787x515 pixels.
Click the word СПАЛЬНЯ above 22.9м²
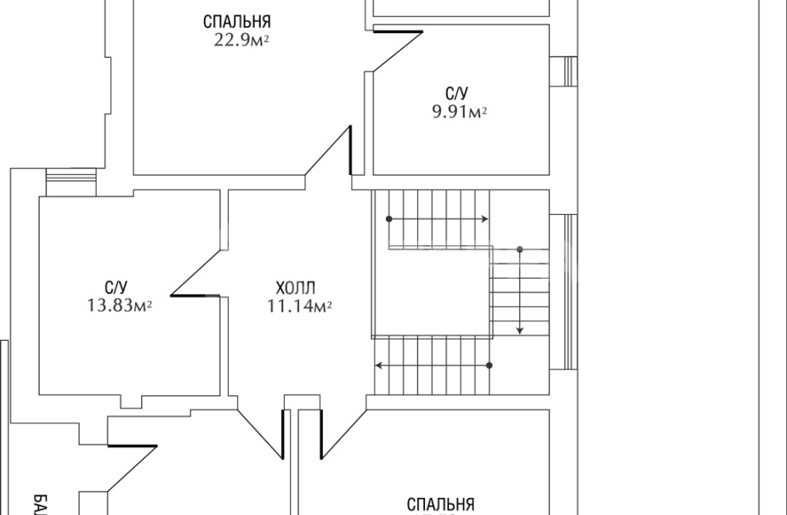pyautogui.click(x=237, y=22)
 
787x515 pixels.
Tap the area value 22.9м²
pyautogui.click(x=242, y=40)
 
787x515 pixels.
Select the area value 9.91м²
pyautogui.click(x=460, y=111)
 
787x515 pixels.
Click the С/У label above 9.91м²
pyautogui.click(x=455, y=93)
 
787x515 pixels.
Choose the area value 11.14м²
pyautogui.click(x=299, y=306)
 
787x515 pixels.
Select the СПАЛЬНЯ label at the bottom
pyautogui.click(x=440, y=506)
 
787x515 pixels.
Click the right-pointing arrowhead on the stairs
pyautogui.click(x=484, y=219)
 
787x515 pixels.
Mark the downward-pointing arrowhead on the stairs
pyautogui.click(x=520, y=330)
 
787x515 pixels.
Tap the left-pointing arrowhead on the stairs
pyautogui.click(x=379, y=365)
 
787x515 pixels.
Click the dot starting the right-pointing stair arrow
pyautogui.click(x=389, y=219)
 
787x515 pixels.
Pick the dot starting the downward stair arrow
pyautogui.click(x=520, y=250)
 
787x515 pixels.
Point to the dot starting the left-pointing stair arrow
pyautogui.click(x=490, y=365)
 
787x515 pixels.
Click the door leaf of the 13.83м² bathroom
pyautogui.click(x=196, y=296)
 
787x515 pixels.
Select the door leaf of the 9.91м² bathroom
pyautogui.click(x=399, y=32)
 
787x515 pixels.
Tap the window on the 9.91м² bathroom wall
pyautogui.click(x=563, y=71)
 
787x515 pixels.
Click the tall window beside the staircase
pyautogui.click(x=562, y=291)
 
